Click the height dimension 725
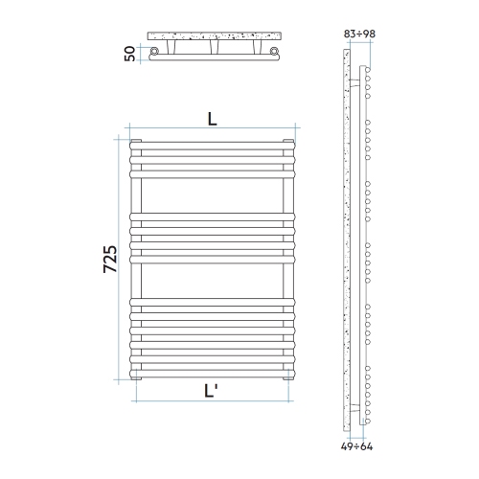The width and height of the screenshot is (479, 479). click(110, 261)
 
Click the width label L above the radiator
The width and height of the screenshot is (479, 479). click(212, 120)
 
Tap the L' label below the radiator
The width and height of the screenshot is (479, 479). click(212, 390)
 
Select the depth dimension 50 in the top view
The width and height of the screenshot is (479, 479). click(129, 54)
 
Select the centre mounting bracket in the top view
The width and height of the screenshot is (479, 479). click(214, 48)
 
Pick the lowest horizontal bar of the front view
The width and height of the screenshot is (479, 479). click(212, 369)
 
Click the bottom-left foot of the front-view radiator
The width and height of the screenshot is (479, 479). click(137, 376)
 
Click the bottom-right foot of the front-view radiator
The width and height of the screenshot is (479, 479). click(286, 376)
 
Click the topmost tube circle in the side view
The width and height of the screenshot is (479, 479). click(369, 70)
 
